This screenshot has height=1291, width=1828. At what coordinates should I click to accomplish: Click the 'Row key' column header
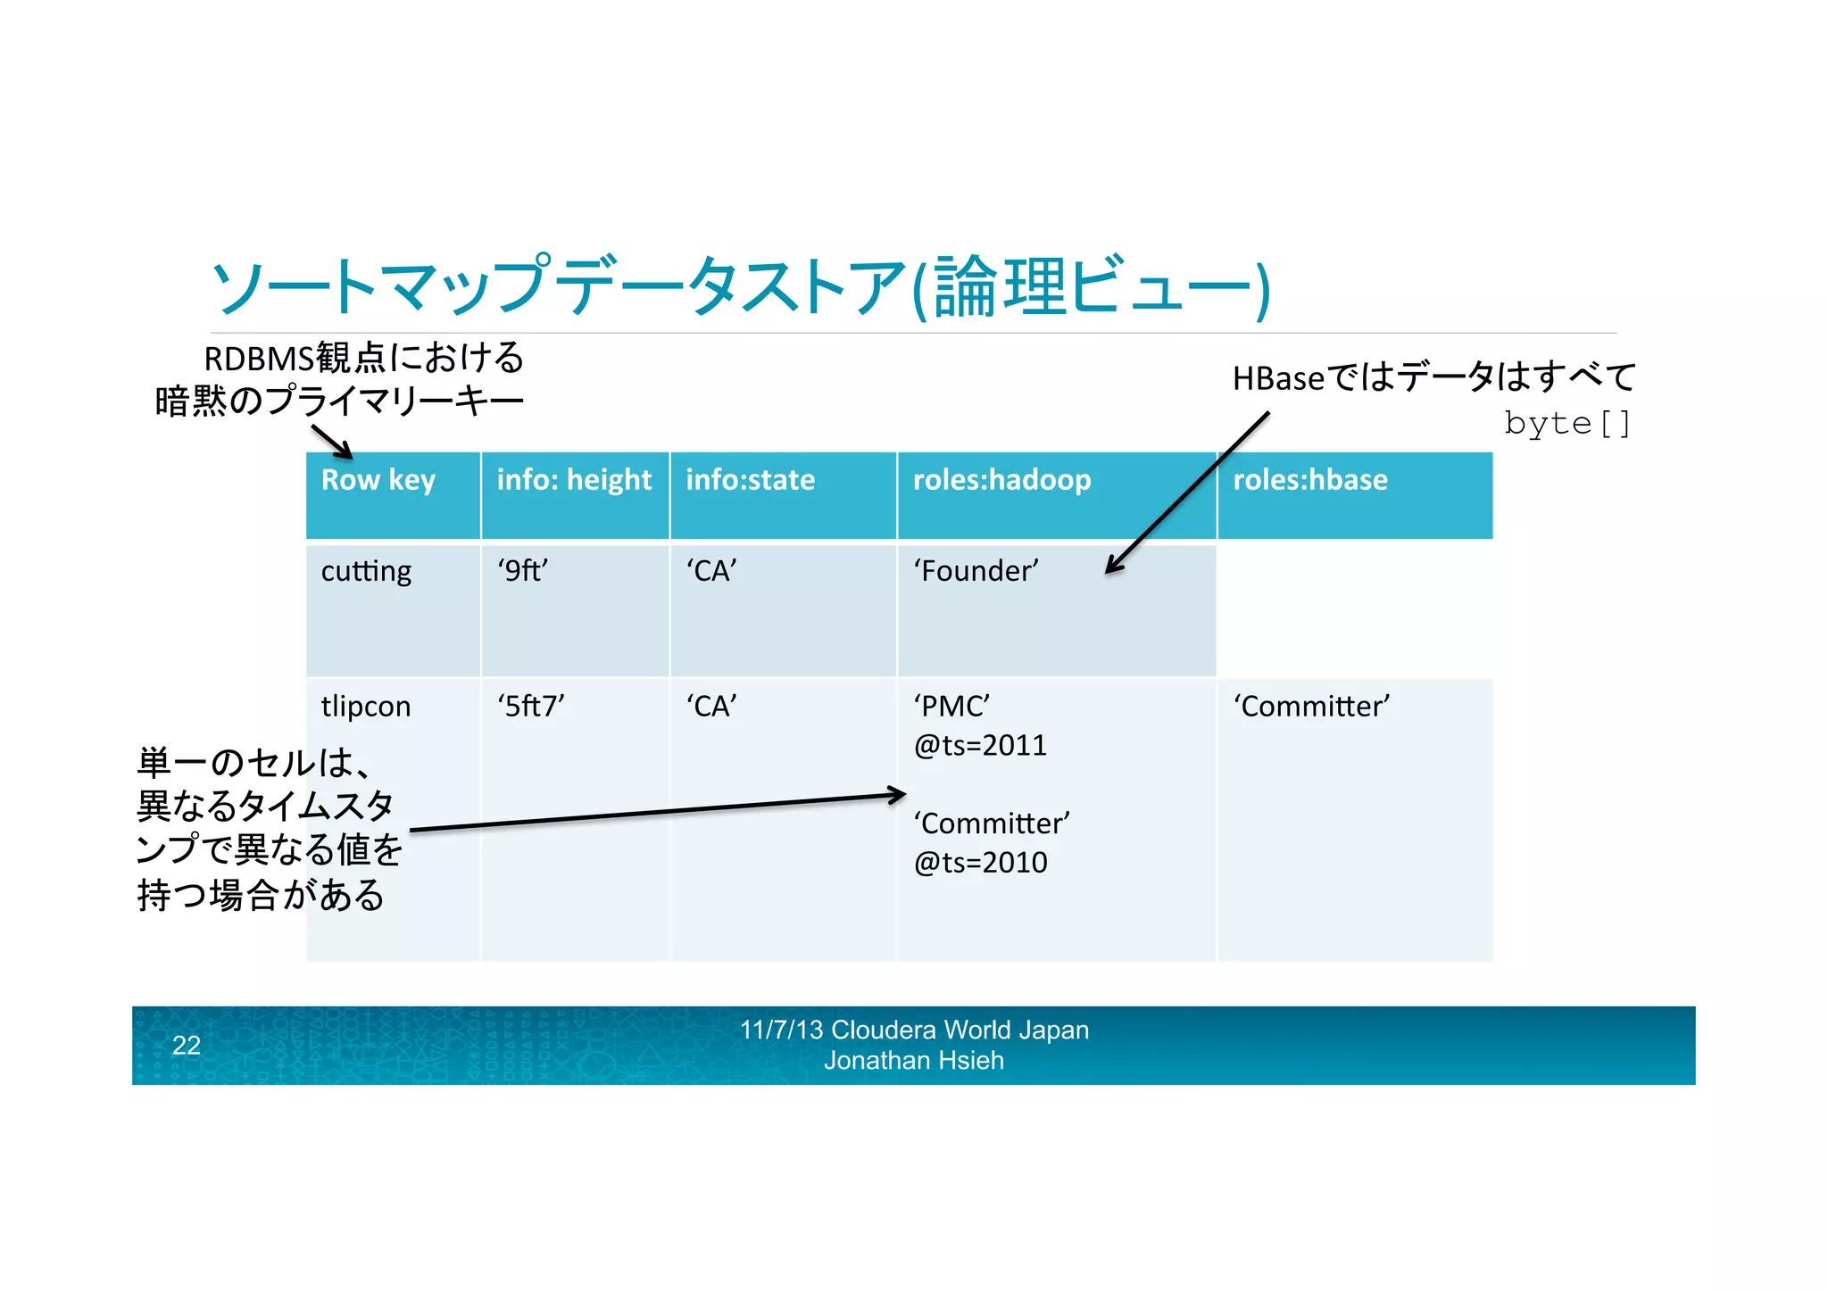point(378,480)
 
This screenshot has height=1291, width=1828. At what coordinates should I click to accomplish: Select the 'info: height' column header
point(574,480)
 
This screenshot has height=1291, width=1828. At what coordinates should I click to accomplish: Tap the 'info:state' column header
point(750,480)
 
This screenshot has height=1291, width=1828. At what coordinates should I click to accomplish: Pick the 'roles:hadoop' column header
point(1001,480)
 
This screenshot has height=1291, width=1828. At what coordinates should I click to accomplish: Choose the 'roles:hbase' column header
point(1309,480)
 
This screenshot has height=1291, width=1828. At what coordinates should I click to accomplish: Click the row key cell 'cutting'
point(366,571)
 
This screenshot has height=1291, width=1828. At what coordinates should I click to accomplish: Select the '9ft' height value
point(522,571)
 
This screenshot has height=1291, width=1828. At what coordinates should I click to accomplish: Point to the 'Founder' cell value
point(976,571)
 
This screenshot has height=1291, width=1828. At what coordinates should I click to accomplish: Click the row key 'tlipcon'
point(366,707)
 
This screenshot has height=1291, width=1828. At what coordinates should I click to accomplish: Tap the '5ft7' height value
point(530,707)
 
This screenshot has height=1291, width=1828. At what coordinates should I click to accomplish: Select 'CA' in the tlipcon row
point(711,707)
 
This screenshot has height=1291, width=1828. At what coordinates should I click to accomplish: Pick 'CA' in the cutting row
point(711,571)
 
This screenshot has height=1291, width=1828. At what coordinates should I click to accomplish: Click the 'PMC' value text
point(951,707)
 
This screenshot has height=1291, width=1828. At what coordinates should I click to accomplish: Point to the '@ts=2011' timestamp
point(980,746)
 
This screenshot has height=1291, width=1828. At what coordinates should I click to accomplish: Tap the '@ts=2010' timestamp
point(980,863)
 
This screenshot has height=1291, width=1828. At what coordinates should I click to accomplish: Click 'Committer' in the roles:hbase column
point(1311,707)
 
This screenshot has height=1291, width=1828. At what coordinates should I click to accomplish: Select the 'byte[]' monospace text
point(1567,423)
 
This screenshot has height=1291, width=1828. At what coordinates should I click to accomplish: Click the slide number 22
point(186,1045)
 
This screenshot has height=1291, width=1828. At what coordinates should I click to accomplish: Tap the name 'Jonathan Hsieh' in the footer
point(914,1061)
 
